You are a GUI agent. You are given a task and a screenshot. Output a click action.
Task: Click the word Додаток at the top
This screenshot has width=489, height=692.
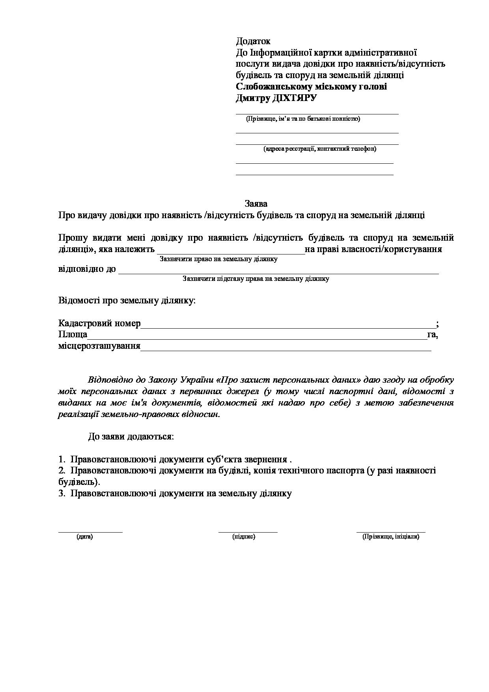(253, 41)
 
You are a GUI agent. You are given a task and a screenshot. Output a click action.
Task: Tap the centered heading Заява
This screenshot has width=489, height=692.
(256, 204)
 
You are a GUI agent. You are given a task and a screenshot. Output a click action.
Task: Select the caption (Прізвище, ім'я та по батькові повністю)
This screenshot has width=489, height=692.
(302, 119)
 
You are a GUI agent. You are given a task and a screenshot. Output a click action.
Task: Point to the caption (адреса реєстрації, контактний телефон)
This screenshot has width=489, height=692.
(320, 149)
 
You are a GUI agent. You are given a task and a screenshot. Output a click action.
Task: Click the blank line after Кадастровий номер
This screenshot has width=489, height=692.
(288, 327)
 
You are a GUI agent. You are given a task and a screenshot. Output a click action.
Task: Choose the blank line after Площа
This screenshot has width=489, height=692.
(257, 339)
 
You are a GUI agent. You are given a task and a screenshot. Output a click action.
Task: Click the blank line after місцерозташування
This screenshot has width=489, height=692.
(286, 350)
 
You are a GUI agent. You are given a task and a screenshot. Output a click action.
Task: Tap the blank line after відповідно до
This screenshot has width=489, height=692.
(278, 273)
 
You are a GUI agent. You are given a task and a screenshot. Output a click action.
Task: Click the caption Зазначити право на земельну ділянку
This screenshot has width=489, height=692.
(218, 259)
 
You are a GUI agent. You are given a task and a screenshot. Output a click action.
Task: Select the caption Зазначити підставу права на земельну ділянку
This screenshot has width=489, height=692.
(256, 279)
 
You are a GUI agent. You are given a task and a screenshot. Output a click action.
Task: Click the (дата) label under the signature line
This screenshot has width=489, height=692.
(85, 537)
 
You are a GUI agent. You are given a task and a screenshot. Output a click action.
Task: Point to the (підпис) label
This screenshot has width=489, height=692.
(244, 537)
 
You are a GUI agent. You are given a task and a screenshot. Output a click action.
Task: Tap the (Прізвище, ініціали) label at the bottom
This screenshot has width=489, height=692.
(391, 537)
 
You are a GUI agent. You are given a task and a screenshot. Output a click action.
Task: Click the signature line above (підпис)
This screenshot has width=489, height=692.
(248, 532)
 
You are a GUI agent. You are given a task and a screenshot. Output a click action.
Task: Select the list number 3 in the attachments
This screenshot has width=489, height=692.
(61, 494)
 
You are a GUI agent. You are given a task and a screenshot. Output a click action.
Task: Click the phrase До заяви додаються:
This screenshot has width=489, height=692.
(131, 437)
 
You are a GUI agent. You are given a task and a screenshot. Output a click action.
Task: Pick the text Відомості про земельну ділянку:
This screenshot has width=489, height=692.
(127, 301)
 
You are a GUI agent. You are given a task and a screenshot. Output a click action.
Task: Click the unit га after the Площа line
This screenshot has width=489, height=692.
(432, 335)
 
